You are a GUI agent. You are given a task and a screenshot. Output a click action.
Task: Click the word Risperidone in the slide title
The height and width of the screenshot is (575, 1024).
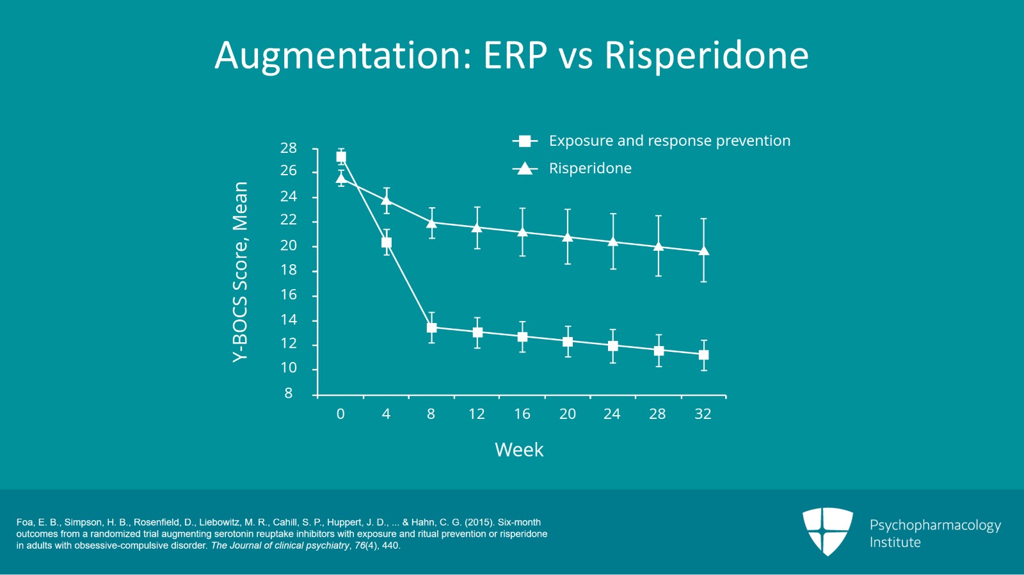click(x=706, y=55)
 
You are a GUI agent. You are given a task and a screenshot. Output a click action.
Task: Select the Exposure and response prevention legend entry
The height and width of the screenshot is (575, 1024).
click(x=669, y=141)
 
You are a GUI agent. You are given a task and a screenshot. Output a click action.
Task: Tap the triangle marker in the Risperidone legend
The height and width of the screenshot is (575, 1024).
click(x=525, y=168)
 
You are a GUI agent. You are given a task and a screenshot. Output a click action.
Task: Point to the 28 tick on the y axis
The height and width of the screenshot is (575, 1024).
click(x=289, y=148)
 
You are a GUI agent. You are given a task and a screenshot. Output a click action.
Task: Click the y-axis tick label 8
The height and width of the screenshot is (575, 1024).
click(x=289, y=393)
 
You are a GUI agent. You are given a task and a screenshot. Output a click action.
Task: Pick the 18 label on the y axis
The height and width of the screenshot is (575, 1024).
click(x=289, y=270)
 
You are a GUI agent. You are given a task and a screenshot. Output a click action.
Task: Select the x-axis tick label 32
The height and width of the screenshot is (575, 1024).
click(x=703, y=414)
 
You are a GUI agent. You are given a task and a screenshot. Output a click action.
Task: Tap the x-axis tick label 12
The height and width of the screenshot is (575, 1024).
click(x=476, y=414)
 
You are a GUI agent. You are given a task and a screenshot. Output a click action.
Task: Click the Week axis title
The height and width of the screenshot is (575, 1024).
click(x=519, y=450)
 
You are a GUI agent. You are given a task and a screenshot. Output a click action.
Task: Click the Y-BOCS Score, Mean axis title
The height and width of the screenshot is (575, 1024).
click(x=240, y=272)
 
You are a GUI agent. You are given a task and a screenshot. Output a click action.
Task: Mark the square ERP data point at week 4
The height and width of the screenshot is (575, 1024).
click(x=387, y=242)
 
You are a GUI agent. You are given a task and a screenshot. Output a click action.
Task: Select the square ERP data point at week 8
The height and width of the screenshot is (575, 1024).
click(x=431, y=327)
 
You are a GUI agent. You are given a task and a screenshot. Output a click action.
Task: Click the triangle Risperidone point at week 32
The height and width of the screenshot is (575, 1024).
click(x=703, y=251)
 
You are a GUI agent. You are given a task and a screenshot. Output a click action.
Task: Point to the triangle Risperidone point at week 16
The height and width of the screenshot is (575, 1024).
click(x=522, y=232)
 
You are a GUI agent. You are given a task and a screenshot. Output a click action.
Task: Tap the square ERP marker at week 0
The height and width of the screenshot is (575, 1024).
click(x=341, y=157)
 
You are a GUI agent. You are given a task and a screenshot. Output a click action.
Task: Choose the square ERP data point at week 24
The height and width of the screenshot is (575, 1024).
click(x=613, y=346)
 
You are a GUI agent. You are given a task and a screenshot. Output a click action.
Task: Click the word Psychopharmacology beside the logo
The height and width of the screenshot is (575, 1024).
click(x=934, y=525)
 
